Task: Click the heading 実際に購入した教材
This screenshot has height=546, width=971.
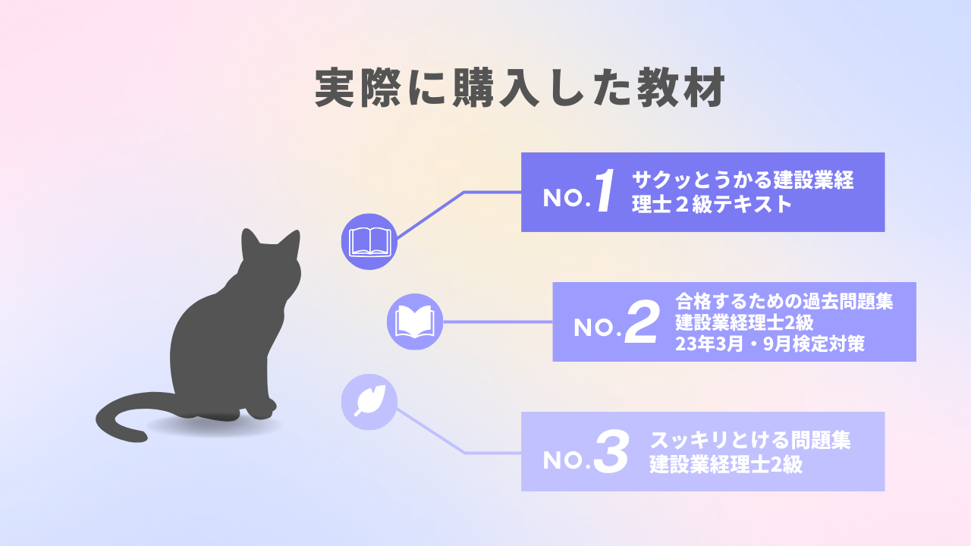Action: click(520, 87)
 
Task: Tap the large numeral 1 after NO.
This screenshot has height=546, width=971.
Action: click(605, 190)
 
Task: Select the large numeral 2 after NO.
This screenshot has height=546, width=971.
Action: click(643, 322)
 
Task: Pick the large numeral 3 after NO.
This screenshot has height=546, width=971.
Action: click(611, 451)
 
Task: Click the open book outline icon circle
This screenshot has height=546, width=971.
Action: click(369, 241)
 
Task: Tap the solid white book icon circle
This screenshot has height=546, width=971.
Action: click(415, 322)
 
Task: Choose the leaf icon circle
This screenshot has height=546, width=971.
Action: click(369, 402)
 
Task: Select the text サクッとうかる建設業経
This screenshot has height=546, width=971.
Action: click(743, 180)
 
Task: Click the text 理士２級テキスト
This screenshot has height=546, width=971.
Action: click(712, 204)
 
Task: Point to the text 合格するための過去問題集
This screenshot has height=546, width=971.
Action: click(784, 301)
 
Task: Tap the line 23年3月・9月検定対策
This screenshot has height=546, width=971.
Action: click(770, 344)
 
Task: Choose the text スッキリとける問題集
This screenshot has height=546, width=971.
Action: click(750, 441)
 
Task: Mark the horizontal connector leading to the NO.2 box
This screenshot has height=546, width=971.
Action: click(498, 322)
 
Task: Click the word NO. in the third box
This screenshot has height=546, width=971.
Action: click(567, 460)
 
